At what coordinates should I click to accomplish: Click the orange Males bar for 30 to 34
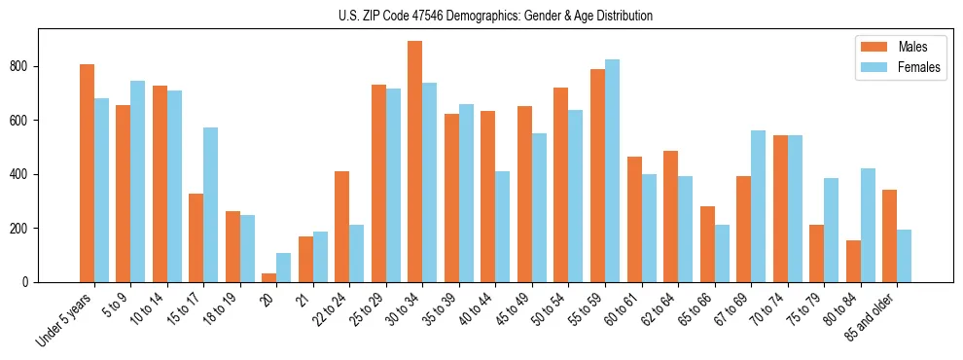[x=415, y=162]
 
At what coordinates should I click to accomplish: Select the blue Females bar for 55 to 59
[x=613, y=171]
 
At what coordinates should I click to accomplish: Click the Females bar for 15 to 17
[x=211, y=204]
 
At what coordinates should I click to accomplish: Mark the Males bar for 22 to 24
[x=342, y=227]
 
